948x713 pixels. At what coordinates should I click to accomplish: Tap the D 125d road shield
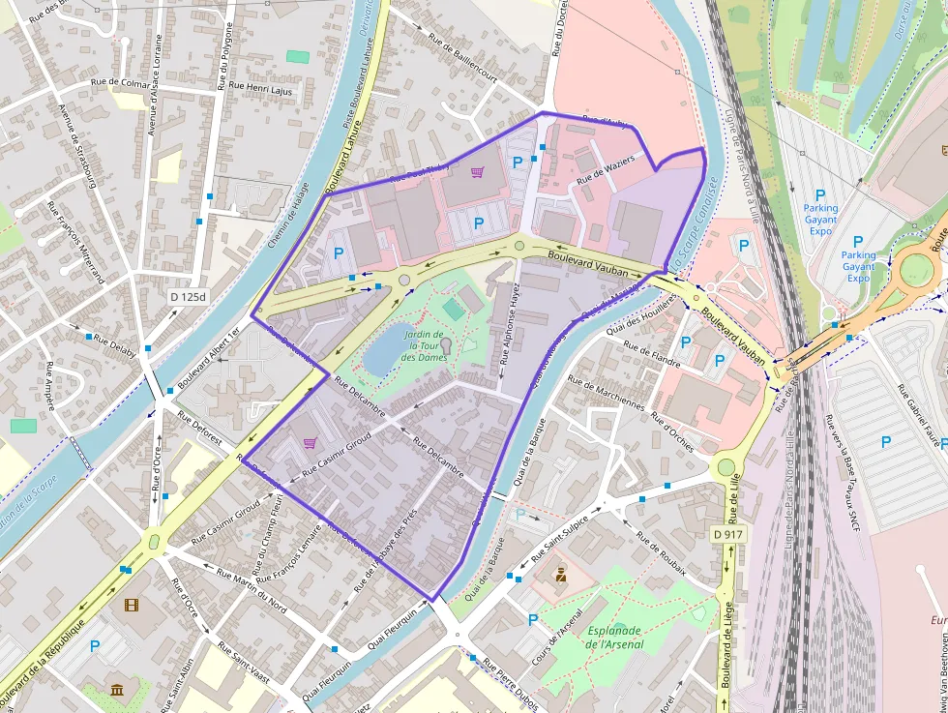(188, 296)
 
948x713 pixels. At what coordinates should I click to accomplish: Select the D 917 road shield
(728, 534)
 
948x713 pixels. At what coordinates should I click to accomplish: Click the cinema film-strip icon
(132, 607)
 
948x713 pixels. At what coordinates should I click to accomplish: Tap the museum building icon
(117, 690)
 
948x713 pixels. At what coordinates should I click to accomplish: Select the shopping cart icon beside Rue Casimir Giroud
(310, 443)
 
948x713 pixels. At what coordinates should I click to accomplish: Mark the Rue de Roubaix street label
(661, 553)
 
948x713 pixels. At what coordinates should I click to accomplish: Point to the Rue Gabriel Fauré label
(918, 415)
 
